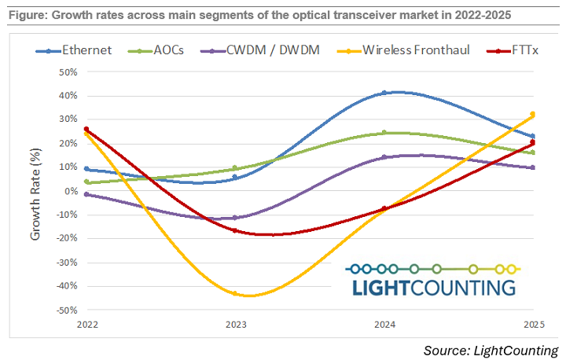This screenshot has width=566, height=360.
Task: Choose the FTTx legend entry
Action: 502,50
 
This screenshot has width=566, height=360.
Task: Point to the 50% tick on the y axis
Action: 66,72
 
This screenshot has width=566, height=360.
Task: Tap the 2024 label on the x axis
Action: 384,324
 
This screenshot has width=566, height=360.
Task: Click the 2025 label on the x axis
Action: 532,324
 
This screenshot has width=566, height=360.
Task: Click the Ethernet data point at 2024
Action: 384,93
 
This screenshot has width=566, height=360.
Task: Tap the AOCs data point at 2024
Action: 384,133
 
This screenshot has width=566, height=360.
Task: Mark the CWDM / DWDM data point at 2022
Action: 86,194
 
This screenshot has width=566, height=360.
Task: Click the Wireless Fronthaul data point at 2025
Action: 532,114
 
